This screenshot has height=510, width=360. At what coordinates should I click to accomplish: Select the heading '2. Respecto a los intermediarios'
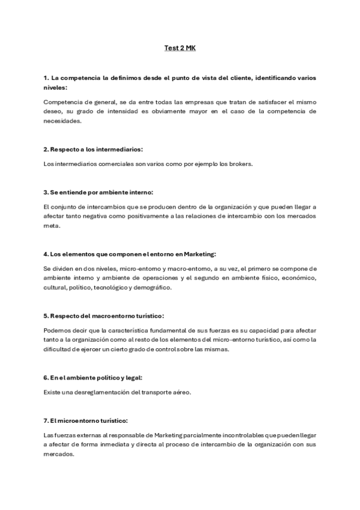(93, 149)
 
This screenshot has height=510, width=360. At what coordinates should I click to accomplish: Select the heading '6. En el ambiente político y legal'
(93, 377)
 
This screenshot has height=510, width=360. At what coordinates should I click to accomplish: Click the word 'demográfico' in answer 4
(153, 287)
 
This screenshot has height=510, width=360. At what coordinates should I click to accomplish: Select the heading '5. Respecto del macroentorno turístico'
(104, 315)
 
